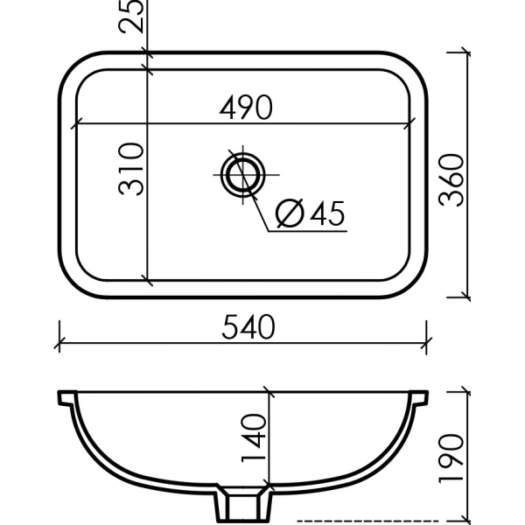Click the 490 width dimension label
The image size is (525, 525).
pos(246,108)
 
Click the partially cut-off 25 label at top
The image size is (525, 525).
pos(132,16)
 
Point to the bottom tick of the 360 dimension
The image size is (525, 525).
pos(466,295)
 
